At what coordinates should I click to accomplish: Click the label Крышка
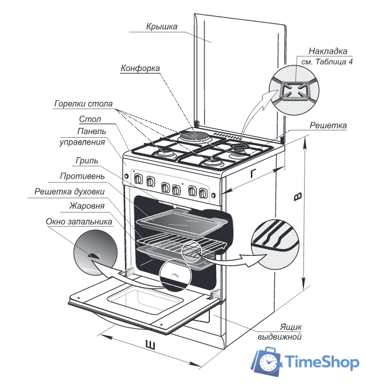point(162,27)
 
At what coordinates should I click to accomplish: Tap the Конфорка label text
point(140,68)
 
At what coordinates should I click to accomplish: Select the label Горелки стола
point(84,104)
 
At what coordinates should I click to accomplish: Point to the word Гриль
point(87,161)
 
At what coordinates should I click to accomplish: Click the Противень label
point(82,176)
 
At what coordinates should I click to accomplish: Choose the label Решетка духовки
point(69,192)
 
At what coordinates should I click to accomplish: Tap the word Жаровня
point(87,206)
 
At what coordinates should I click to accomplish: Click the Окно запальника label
point(79,221)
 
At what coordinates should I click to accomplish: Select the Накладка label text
point(328,51)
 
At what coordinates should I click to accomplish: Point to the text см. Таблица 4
point(327,62)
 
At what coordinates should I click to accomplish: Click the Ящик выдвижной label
point(279,332)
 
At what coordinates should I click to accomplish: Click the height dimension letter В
point(298,197)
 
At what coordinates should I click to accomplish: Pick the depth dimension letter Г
point(253,173)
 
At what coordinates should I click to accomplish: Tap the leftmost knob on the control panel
point(138,179)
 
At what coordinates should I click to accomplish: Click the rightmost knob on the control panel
point(203,193)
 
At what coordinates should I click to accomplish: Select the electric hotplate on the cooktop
point(195,136)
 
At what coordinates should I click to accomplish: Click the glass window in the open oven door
point(145,301)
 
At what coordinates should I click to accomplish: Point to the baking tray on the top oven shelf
point(182,222)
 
